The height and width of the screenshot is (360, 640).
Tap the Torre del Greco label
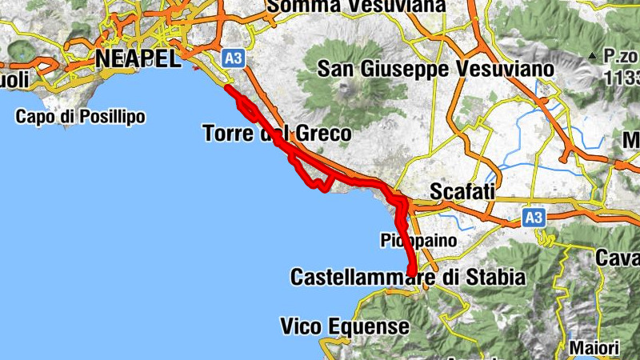(277, 133)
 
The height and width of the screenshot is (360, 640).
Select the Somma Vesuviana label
(356, 6)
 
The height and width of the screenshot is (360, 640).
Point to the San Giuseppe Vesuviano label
(435, 69)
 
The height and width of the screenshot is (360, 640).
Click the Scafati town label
(463, 192)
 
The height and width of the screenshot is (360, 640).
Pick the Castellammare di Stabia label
(407, 278)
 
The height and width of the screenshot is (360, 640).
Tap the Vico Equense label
(345, 326)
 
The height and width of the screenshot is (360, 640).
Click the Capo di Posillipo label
(81, 117)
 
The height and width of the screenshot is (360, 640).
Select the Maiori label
(594, 349)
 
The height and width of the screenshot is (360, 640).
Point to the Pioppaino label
(418, 239)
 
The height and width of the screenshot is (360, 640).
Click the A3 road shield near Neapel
(233, 58)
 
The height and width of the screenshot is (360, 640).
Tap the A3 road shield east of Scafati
(534, 217)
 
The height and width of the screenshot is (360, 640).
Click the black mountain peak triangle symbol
(591, 56)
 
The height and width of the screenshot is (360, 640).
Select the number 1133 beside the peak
(624, 77)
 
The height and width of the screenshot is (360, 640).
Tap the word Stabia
(498, 278)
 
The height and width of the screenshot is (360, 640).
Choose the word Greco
(324, 133)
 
